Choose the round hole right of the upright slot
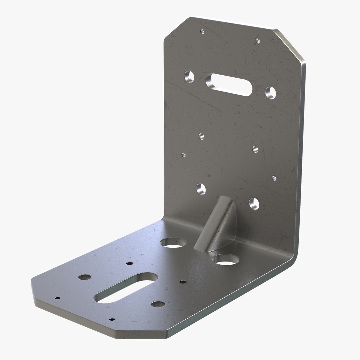click(x=271, y=92)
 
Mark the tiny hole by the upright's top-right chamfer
click(x=257, y=41)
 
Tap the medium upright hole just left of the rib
click(x=201, y=189)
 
